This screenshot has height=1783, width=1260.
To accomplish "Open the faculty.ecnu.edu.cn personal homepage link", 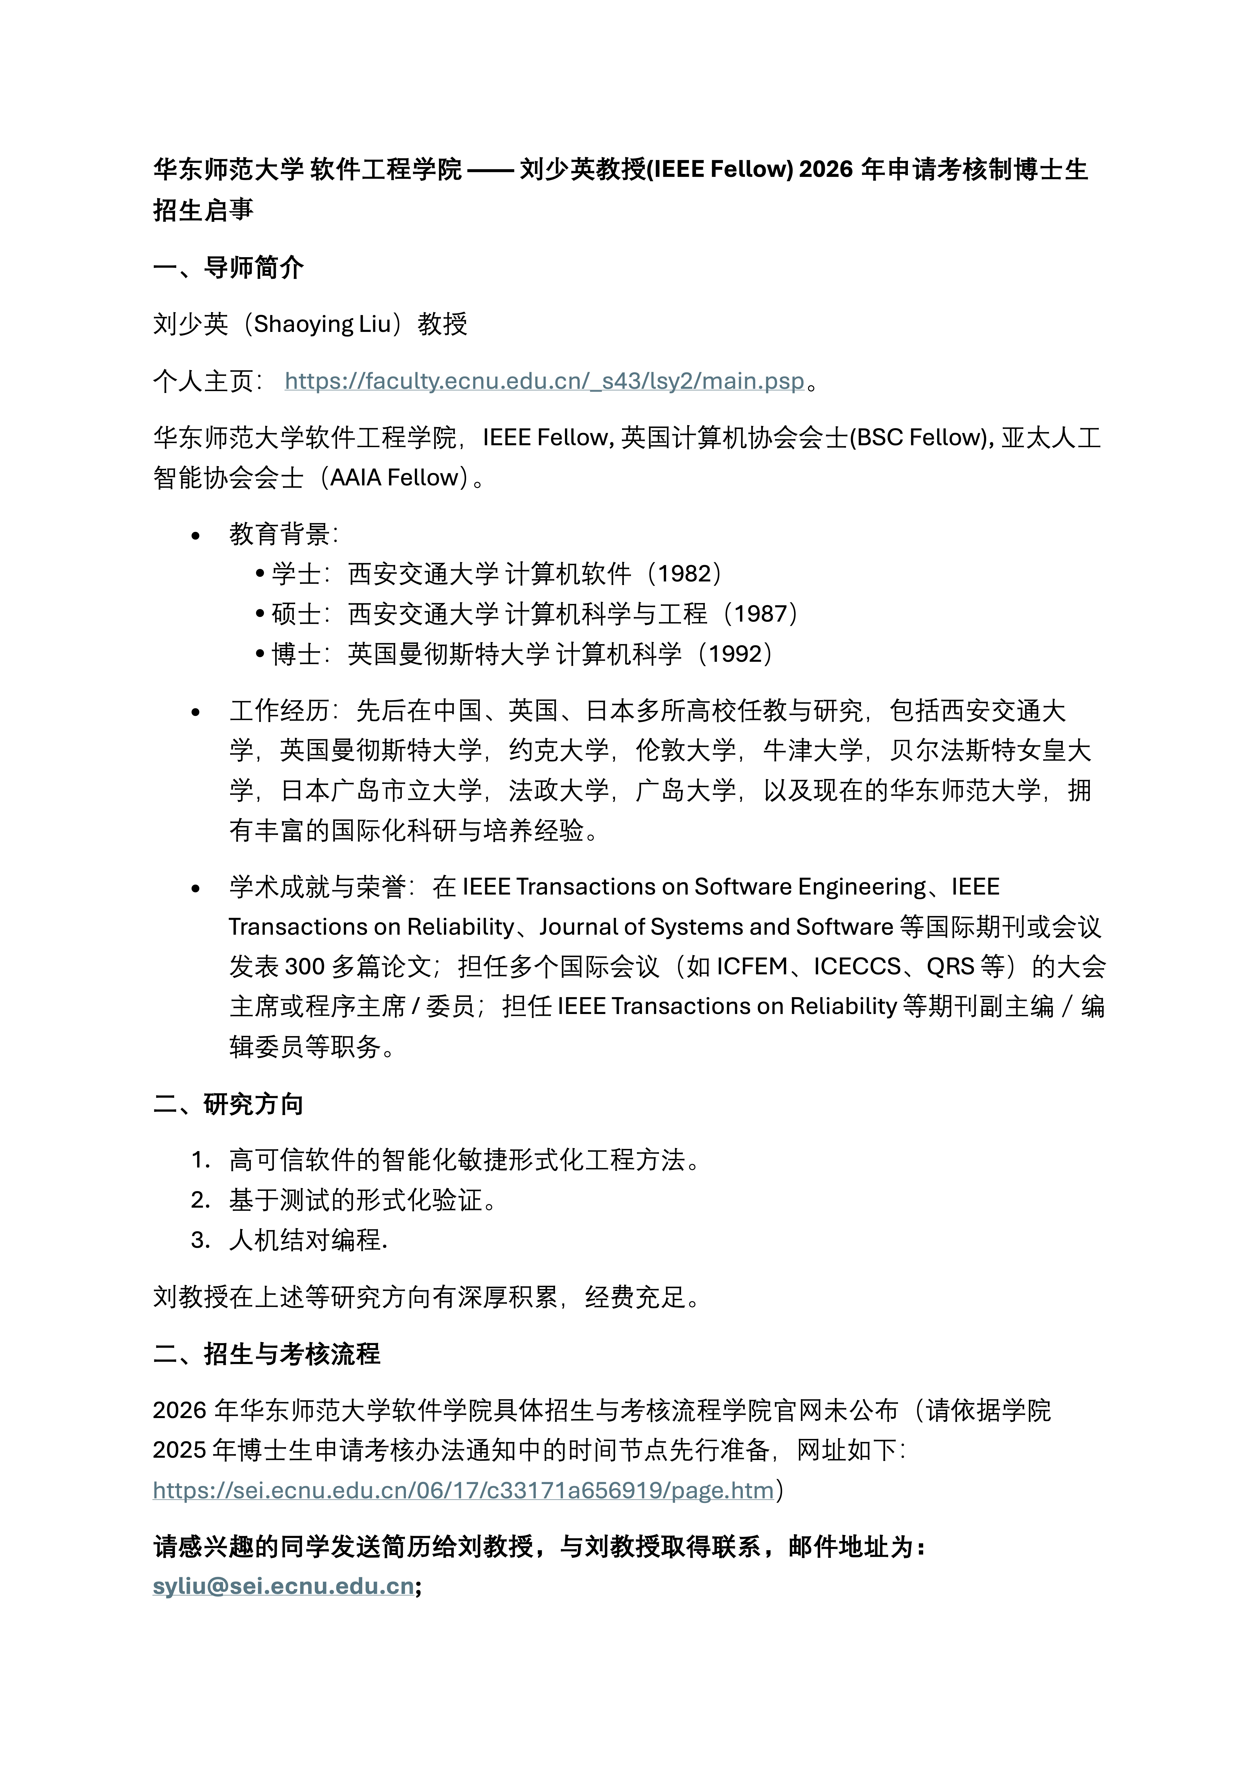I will (x=543, y=381).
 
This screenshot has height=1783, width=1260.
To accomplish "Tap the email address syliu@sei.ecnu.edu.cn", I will (x=283, y=1586).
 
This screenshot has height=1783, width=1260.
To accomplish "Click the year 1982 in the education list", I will (x=684, y=574).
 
